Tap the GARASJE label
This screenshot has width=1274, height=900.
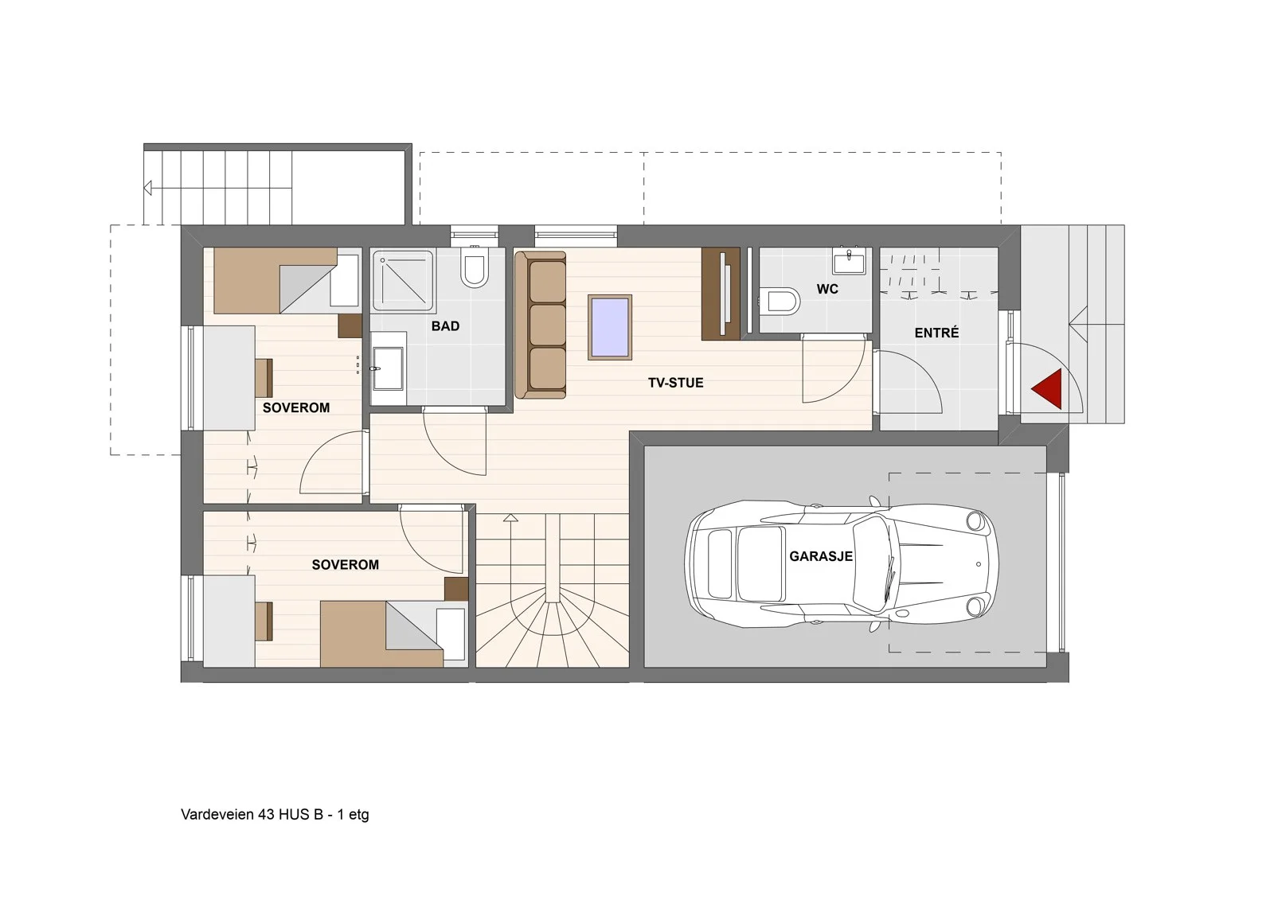click(821, 556)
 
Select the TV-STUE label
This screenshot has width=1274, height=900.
click(676, 383)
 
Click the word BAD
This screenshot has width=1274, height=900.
click(445, 326)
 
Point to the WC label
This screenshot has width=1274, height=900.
click(827, 289)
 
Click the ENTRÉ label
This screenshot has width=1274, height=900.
click(936, 333)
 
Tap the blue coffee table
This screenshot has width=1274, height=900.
click(610, 327)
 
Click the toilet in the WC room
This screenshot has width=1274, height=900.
click(780, 302)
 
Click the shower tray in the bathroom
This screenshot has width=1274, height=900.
click(403, 282)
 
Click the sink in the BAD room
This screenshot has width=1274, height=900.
click(388, 368)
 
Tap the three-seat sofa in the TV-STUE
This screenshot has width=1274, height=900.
click(541, 325)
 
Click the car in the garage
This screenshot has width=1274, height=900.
click(841, 563)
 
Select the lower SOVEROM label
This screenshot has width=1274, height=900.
click(346, 564)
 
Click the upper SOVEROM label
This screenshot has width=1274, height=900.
click(295, 407)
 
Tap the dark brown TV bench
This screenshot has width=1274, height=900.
click(720, 294)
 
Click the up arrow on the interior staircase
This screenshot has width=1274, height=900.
click(510, 517)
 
